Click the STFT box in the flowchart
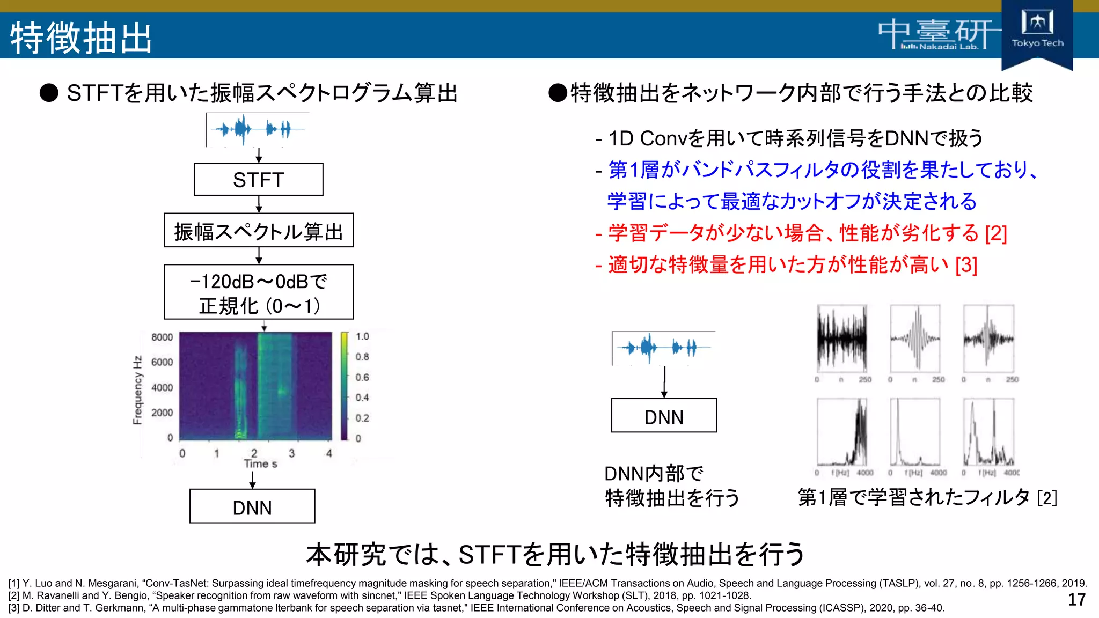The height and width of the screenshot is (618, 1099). point(258,180)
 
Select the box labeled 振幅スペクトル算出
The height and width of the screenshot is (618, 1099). point(258,231)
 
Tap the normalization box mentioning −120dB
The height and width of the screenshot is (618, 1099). point(258,292)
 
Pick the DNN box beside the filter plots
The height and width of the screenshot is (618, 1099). point(664,416)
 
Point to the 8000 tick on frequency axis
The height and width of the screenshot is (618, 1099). point(162,337)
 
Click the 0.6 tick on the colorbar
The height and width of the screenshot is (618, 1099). point(362,377)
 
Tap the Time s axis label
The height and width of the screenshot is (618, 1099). point(260,464)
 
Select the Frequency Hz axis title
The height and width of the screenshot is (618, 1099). point(138,390)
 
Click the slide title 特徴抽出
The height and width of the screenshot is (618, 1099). point(81,38)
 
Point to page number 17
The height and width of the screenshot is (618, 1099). point(1076,600)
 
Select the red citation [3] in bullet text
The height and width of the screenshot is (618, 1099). point(966,265)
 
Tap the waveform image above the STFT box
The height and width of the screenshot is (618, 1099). point(258,129)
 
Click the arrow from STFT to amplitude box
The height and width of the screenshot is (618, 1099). point(259,204)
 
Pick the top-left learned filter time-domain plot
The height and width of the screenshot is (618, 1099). point(841,339)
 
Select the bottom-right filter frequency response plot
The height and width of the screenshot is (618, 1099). point(988,432)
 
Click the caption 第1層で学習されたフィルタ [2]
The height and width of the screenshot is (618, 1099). point(927,497)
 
